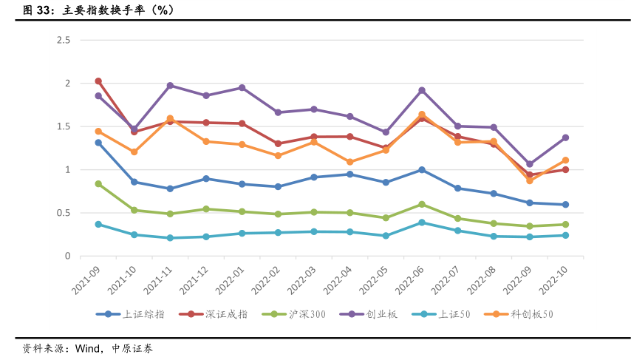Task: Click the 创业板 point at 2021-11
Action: tap(170, 86)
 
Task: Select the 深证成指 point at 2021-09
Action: tap(98, 81)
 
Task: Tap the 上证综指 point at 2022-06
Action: tap(422, 170)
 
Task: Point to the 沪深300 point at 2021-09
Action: tap(98, 184)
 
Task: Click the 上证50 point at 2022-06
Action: tap(422, 223)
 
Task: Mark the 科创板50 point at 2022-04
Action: tap(350, 162)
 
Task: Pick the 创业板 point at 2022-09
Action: tap(530, 164)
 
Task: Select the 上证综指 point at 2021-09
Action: tap(98, 143)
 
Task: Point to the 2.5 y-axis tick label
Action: tap(63, 40)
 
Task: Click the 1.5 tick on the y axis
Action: tap(63, 126)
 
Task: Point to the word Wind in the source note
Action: tap(88, 347)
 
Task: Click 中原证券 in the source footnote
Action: tap(132, 347)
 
